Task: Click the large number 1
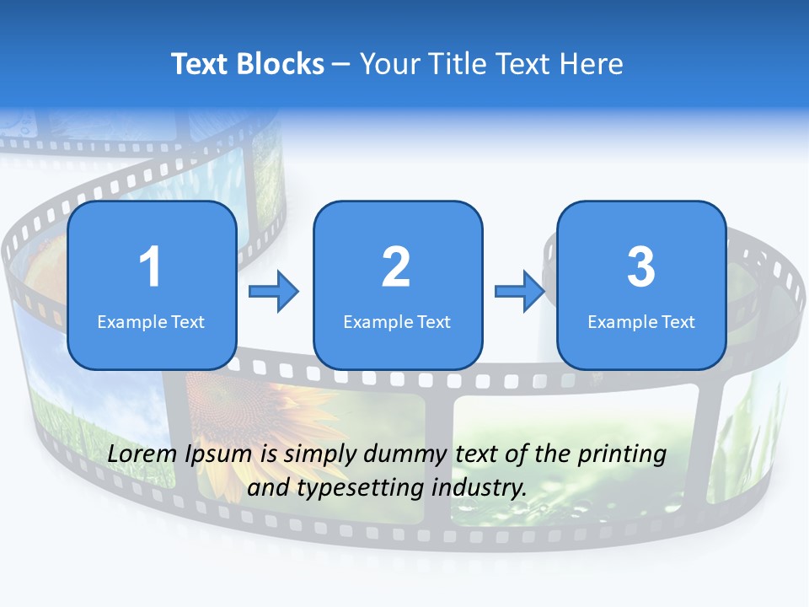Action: coord(150,267)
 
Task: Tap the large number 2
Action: coord(396,267)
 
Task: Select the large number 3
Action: coord(641,267)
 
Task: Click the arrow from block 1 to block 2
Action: coord(274,292)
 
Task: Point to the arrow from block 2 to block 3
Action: coord(519,292)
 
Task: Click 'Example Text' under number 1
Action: coord(151,321)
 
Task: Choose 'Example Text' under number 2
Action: coord(397,321)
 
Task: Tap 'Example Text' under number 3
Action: coord(641,321)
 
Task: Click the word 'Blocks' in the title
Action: coord(278,64)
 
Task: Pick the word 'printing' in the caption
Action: coord(622,455)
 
